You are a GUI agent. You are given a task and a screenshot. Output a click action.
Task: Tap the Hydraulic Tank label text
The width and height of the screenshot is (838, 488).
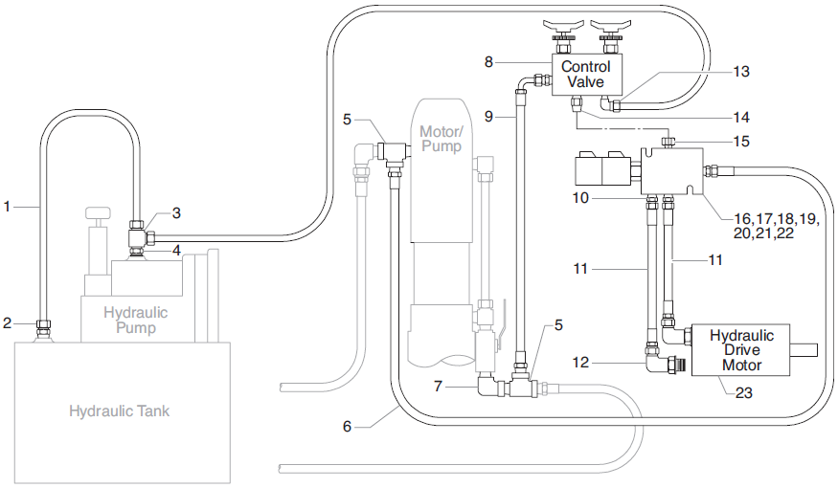point(119,411)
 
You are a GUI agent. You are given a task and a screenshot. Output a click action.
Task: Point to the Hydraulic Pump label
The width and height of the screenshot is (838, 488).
point(135,320)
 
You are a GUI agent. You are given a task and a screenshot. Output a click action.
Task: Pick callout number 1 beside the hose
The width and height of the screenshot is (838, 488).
point(8,205)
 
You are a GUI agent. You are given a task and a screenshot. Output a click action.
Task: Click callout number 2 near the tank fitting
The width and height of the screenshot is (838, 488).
point(8,322)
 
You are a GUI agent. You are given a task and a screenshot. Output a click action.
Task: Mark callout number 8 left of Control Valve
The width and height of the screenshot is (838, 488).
point(488,61)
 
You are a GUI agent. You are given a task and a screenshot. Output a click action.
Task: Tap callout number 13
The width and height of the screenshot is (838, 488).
point(742,71)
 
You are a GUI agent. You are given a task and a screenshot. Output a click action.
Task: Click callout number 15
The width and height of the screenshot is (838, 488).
point(742,141)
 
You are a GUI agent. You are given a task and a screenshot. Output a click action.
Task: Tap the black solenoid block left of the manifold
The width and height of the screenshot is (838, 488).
point(600,171)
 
